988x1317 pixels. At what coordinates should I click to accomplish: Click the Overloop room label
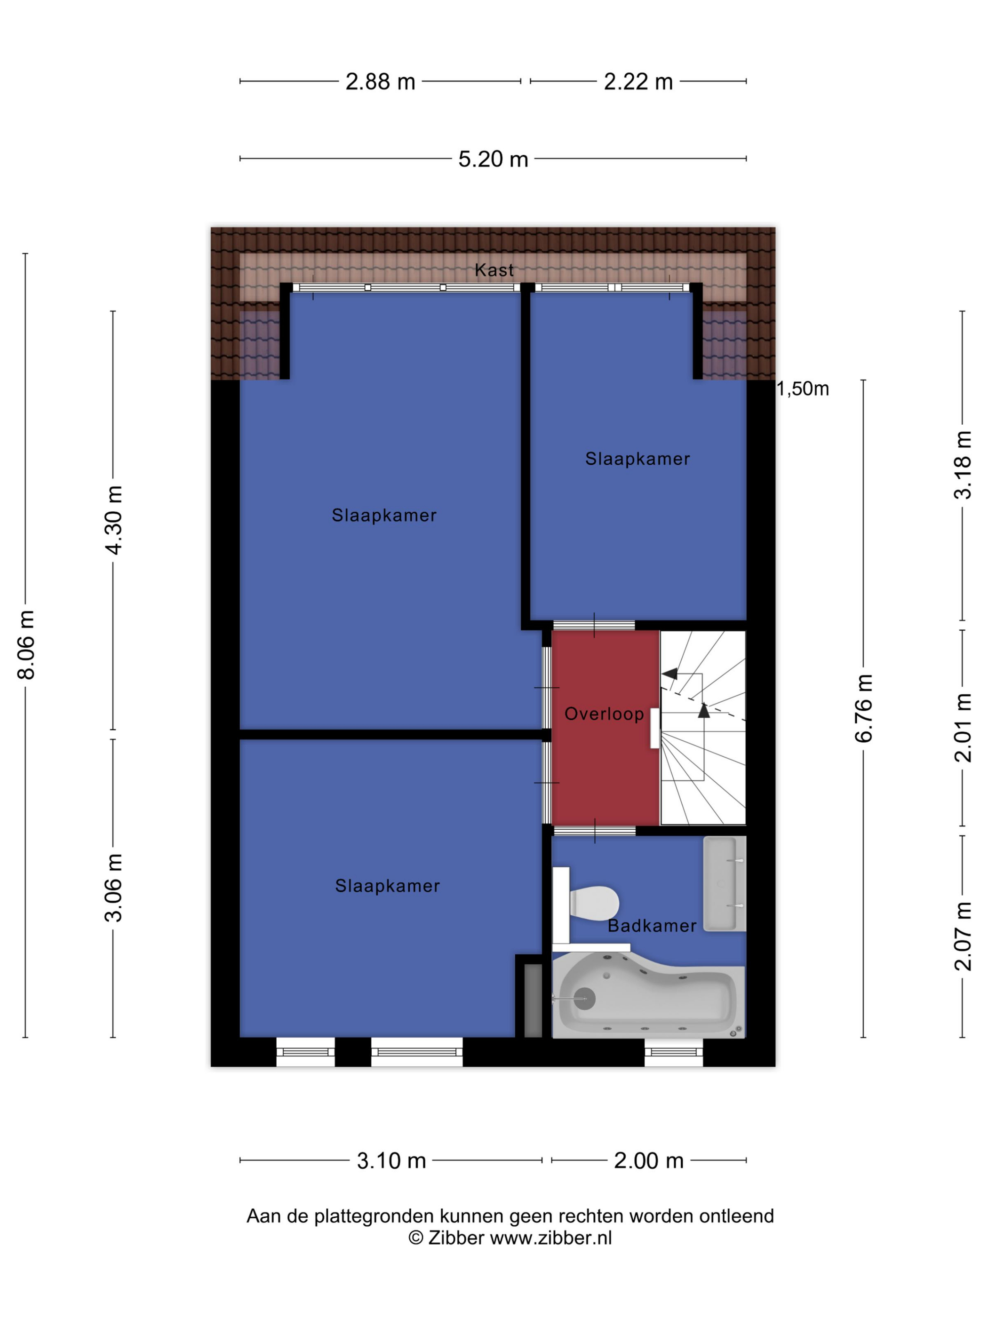click(x=604, y=714)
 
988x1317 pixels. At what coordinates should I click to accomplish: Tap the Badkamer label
click(x=652, y=926)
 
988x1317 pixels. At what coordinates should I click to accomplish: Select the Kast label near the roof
click(x=494, y=270)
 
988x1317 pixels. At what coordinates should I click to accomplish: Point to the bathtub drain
click(x=584, y=999)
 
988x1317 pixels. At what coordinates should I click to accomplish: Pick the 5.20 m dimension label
click(x=493, y=159)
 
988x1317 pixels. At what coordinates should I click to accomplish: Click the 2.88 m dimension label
click(x=381, y=81)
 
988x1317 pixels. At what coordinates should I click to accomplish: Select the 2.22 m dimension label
click(x=638, y=81)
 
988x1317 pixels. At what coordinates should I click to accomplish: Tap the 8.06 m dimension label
click(x=27, y=645)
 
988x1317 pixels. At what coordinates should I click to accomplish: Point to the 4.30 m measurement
click(x=113, y=520)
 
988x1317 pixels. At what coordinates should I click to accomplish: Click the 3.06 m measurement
click(x=113, y=888)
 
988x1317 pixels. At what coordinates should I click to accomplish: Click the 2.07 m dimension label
click(x=963, y=936)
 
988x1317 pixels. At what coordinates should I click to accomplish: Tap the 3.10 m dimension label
click(x=391, y=1161)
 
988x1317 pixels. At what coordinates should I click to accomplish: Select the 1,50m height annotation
click(x=803, y=389)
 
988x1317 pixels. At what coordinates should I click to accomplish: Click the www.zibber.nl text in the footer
click(x=551, y=1238)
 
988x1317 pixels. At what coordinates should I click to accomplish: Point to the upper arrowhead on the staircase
click(x=670, y=674)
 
